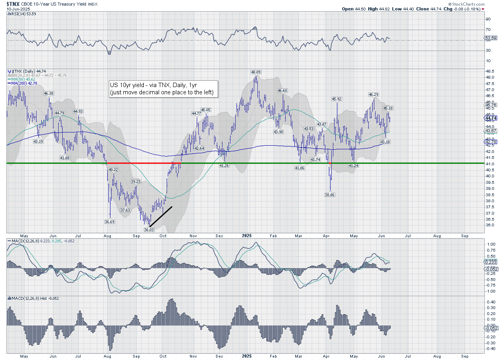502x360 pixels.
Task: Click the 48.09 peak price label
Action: click(x=255, y=72)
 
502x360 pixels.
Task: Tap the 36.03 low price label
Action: click(x=149, y=230)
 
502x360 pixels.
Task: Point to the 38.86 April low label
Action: click(x=330, y=194)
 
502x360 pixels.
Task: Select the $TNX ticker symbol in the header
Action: click(x=13, y=4)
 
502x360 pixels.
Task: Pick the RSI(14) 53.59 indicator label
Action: click(x=21, y=14)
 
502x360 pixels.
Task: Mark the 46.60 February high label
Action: click(x=282, y=91)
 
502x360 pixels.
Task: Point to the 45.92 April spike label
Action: click(x=337, y=99)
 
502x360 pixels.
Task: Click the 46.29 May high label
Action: click(x=373, y=94)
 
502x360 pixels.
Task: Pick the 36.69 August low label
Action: click(x=110, y=222)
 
